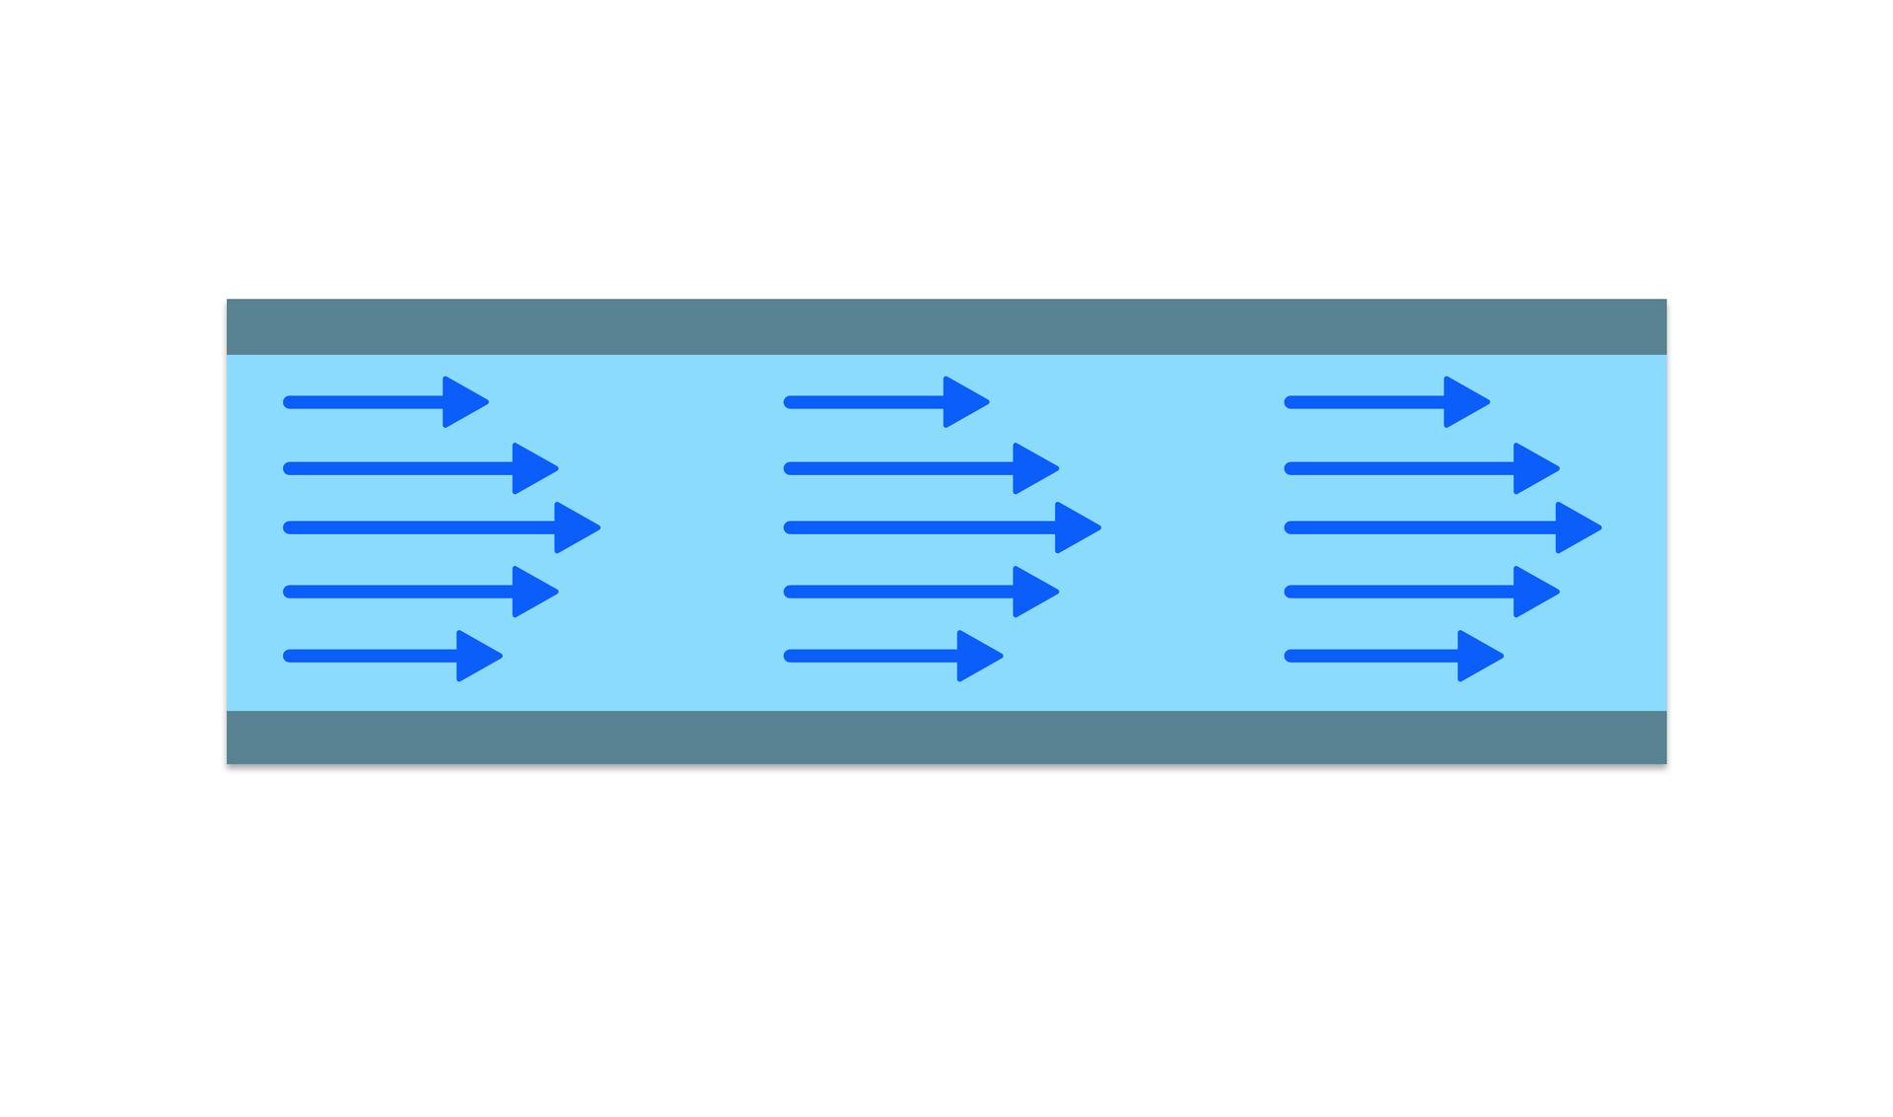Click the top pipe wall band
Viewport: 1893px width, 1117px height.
pos(946,326)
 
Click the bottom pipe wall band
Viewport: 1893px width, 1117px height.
pos(946,736)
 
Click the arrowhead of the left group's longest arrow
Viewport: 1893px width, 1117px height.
pos(575,527)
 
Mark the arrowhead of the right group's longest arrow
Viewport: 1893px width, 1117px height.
pos(1576,527)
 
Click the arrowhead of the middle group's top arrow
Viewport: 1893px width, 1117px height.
pos(963,402)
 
